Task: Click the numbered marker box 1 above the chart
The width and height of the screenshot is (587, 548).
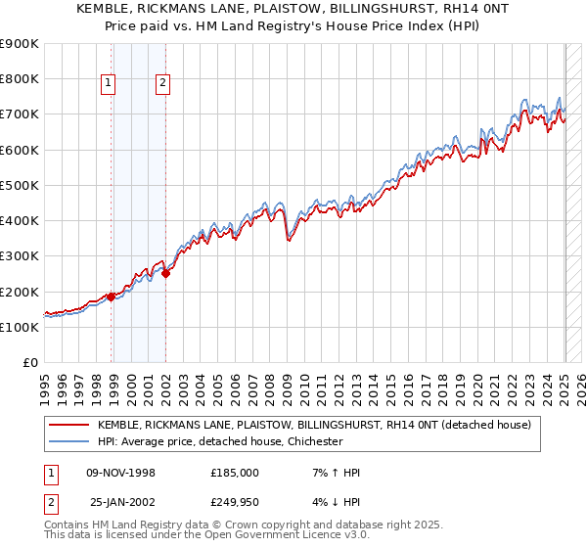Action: pyautogui.click(x=108, y=84)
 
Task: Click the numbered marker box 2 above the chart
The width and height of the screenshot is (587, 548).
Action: pyautogui.click(x=162, y=84)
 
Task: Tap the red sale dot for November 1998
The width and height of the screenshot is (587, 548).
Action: pyautogui.click(x=112, y=297)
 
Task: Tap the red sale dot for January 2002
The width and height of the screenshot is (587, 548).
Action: pyautogui.click(x=166, y=274)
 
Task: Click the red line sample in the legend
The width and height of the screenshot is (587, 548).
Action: pyautogui.click(x=69, y=425)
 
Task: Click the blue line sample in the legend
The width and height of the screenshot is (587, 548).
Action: pyautogui.click(x=69, y=441)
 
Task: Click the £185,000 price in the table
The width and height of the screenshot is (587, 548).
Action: pyautogui.click(x=235, y=473)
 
